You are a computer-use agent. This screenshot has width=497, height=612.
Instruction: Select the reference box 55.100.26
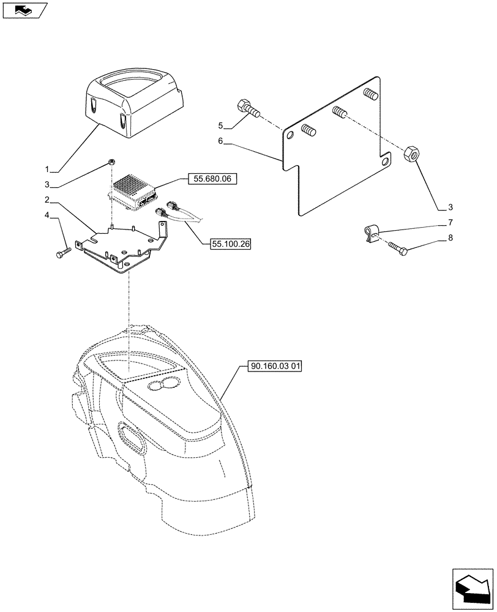pyautogui.click(x=231, y=244)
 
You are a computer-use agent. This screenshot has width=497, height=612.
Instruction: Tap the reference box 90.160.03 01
pyautogui.click(x=276, y=367)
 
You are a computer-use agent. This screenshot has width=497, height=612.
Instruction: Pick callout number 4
pyautogui.click(x=47, y=215)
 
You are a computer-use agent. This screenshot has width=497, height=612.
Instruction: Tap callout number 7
pyautogui.click(x=450, y=222)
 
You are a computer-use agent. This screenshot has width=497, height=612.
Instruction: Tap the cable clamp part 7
pyautogui.click(x=372, y=233)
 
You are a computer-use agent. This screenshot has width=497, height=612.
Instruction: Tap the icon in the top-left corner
pyautogui.click(x=24, y=10)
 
